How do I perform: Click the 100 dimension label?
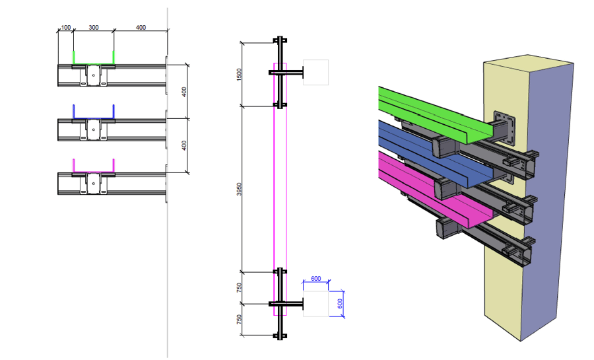[65, 27]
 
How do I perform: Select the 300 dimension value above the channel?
[93, 27]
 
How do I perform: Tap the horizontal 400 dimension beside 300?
[141, 27]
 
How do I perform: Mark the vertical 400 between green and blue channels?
[185, 92]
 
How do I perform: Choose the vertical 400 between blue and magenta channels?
[185, 145]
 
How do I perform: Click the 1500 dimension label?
[240, 74]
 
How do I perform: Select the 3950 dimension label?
[240, 189]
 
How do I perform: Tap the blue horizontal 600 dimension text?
[315, 279]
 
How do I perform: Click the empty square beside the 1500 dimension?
[315, 72]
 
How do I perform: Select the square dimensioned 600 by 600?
[315, 303]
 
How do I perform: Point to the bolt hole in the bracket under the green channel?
[94, 75]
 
